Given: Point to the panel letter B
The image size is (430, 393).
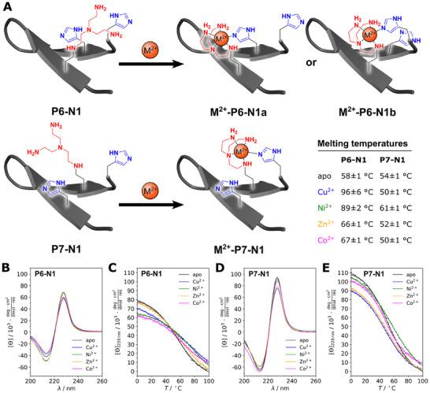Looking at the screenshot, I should [x=6, y=251].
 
